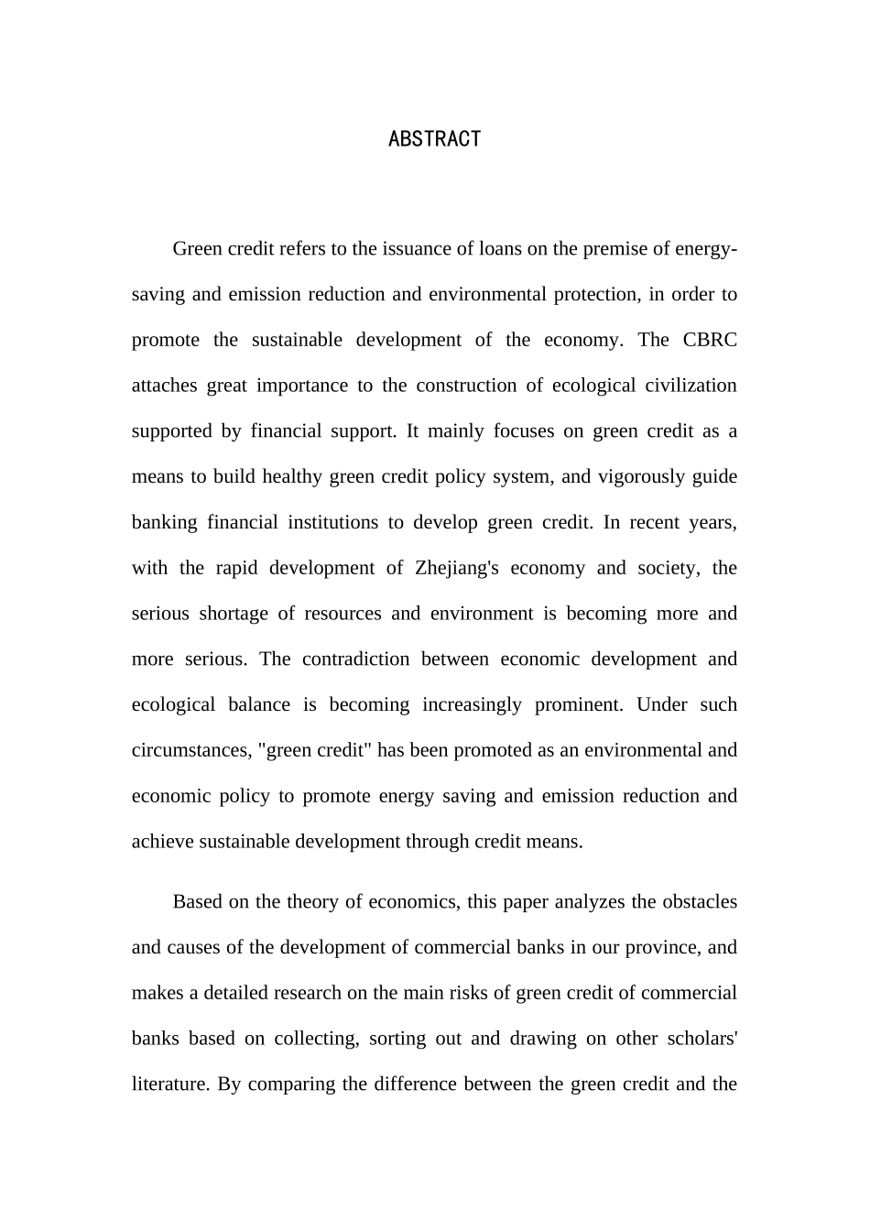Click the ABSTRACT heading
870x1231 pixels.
click(x=434, y=138)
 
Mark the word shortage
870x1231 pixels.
click(x=234, y=614)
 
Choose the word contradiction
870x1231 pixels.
click(x=355, y=659)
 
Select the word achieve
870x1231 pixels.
click(x=158, y=842)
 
